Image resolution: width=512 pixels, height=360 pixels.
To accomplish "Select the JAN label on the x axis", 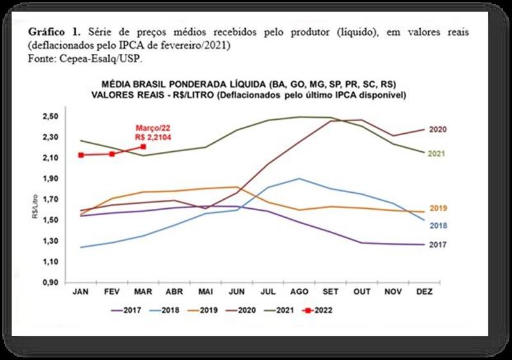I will (x=81, y=292).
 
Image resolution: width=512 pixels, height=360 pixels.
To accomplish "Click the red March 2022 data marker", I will (x=143, y=147).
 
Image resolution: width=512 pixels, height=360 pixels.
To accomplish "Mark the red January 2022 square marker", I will (x=81, y=154).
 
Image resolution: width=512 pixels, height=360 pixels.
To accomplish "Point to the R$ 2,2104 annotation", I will (x=152, y=136).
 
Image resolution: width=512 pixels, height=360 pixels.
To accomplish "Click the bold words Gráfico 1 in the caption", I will (x=53, y=31).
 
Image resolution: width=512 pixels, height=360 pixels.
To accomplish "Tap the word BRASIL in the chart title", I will (x=165, y=84).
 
